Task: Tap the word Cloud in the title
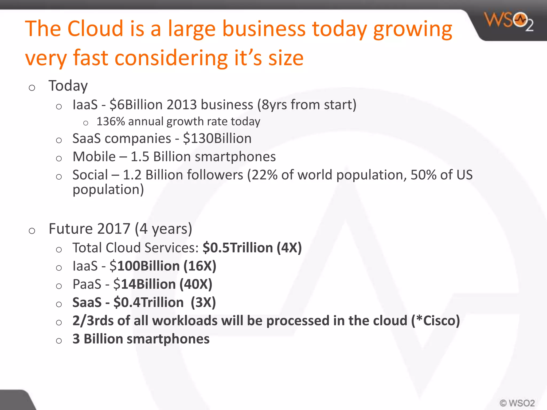95,29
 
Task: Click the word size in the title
286,58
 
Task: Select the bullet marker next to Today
32,88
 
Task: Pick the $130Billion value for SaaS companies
217,139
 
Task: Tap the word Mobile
94,157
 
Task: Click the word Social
90,175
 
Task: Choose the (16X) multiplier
200,266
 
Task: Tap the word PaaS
87,284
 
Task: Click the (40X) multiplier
196,284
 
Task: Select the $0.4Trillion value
149,302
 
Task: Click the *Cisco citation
438,321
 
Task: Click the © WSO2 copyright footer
517,403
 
